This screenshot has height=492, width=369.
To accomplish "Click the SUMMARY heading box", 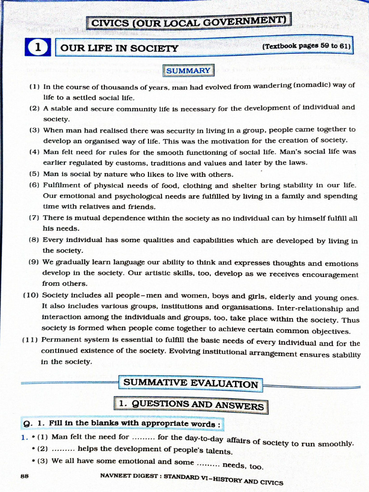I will (x=188, y=71).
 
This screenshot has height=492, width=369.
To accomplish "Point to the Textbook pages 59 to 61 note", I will (x=306, y=47).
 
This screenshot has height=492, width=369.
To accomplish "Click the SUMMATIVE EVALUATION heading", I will (x=191, y=383).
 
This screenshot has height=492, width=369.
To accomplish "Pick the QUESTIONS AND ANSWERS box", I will (x=191, y=405).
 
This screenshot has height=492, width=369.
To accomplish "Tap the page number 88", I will (x=25, y=476).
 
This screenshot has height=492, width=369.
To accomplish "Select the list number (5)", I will (x=35, y=174).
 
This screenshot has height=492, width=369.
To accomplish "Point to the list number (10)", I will (x=31, y=295).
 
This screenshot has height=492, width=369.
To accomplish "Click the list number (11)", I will (x=30, y=340).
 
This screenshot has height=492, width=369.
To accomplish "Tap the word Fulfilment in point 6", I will (x=62, y=185).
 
